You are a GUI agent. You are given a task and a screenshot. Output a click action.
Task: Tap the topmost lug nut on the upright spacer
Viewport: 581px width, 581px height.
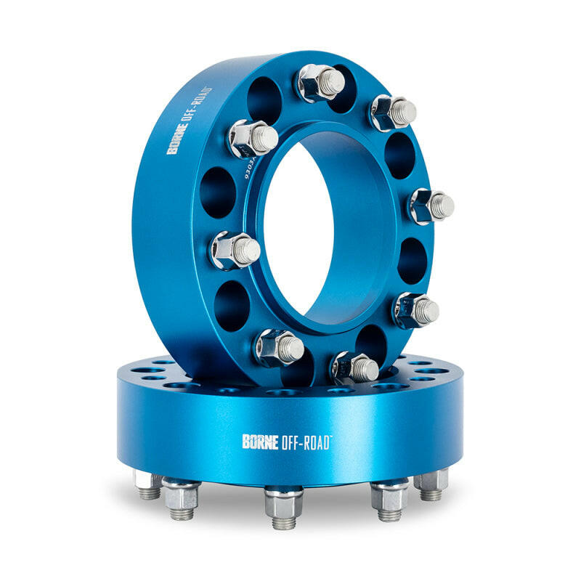(320, 81)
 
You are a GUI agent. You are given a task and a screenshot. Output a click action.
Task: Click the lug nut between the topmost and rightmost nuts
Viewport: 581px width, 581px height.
(393, 112)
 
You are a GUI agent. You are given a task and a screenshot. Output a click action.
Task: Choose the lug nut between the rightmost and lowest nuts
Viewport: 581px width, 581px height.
(415, 309)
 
